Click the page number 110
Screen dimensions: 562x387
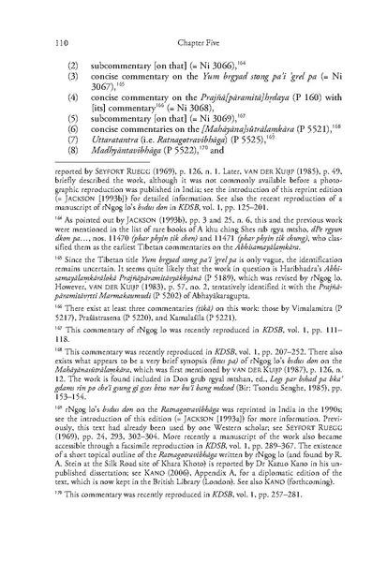point(66,42)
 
